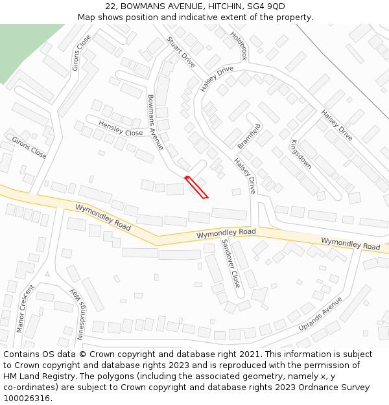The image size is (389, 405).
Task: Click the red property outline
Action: (x=196, y=187)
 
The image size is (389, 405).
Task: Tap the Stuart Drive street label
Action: (x=181, y=52)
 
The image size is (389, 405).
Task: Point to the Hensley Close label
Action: (x=121, y=128)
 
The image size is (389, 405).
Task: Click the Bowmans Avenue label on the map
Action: (x=156, y=122)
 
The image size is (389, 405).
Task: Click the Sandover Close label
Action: (x=231, y=263)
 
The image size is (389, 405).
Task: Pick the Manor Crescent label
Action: (x=25, y=308)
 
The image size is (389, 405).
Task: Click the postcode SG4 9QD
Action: (x=266, y=6)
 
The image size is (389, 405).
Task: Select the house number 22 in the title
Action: (x=110, y=6)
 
